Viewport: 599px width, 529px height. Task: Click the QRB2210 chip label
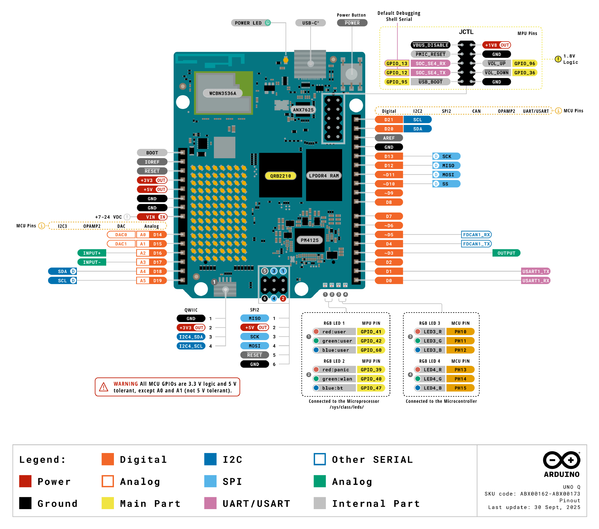pos(280,176)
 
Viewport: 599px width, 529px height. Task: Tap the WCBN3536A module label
pos(223,93)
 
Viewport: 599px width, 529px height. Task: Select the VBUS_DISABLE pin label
pos(430,45)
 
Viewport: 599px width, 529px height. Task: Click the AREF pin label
pos(389,138)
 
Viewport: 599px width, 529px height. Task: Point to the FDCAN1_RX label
pos(476,235)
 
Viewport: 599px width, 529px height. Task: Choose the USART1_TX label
pos(536,271)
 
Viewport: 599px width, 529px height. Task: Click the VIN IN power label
pos(152,217)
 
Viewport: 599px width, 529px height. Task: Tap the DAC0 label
pos(121,235)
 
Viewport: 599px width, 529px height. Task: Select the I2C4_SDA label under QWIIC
pos(191,337)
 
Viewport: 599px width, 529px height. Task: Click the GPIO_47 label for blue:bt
pos(371,388)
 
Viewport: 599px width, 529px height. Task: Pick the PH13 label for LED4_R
pos(460,370)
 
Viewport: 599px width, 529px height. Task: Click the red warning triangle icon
pos(104,387)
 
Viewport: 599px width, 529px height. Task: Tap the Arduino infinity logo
pos(561,460)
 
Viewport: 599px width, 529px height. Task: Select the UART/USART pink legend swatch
pos(210,503)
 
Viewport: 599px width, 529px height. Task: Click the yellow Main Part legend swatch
pos(108,503)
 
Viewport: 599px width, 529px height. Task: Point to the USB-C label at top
pos(310,23)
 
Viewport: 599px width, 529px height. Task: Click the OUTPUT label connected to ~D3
pos(506,253)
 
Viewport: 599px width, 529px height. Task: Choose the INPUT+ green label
pos(92,253)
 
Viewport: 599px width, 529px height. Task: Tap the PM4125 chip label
pos(309,240)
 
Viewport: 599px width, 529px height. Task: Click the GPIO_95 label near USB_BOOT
pos(397,82)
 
